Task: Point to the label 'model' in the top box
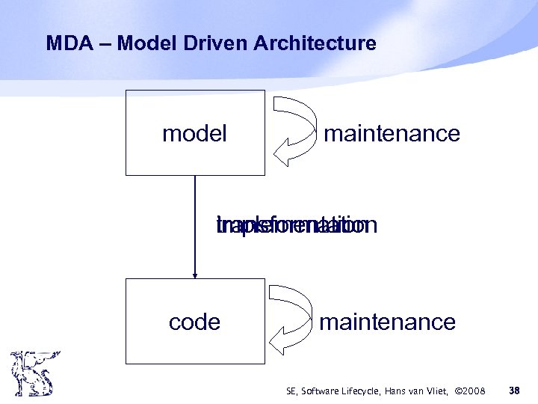tap(194, 134)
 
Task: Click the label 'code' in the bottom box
tap(194, 322)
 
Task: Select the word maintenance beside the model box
tap(392, 134)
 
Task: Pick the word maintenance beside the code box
tap(387, 322)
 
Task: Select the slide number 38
tap(514, 390)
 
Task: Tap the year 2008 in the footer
tap(474, 391)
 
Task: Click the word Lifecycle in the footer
tap(362, 391)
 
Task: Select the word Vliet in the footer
tap(442, 391)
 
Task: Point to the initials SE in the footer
tap(291, 391)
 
